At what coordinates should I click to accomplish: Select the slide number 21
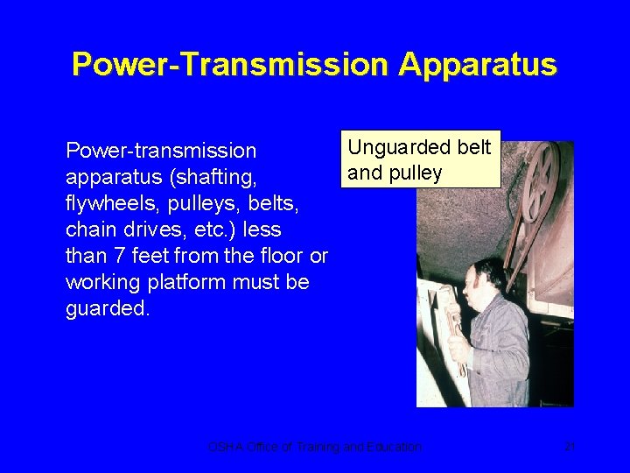click(568, 447)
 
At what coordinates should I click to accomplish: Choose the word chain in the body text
click(88, 229)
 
